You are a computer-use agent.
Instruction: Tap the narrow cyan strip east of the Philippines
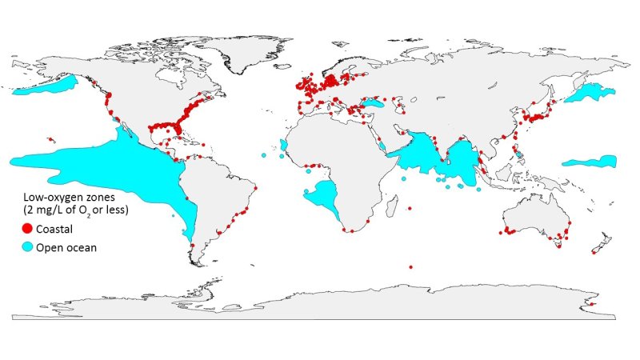click(588, 162)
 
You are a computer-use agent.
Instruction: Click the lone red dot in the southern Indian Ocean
click(410, 266)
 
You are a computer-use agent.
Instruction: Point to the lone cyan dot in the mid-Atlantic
click(262, 154)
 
